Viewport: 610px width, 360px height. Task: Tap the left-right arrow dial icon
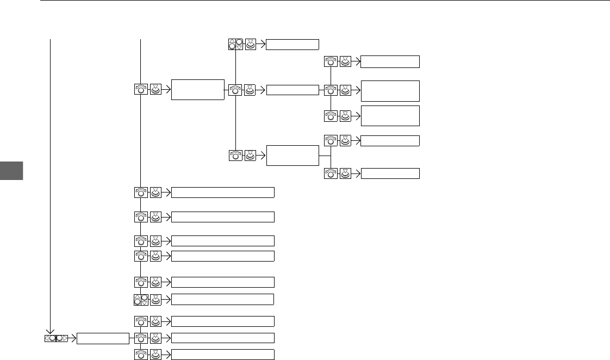(56, 338)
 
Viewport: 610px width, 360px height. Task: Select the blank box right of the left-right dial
(103, 338)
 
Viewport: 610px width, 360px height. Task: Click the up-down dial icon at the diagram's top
(235, 45)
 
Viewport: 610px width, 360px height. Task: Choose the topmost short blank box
(292, 45)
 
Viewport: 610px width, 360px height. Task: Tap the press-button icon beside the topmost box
(251, 45)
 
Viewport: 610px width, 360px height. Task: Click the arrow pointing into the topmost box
(262, 45)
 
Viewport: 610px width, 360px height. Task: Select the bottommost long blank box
(223, 355)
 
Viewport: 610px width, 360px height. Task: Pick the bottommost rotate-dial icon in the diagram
(141, 355)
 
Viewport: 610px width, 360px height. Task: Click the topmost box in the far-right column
(390, 61)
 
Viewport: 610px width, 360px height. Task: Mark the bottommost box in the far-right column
(390, 173)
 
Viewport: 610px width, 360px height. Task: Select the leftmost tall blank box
(197, 89)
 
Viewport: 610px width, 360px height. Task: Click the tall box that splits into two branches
(292, 155)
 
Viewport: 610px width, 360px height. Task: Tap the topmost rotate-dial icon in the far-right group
(331, 61)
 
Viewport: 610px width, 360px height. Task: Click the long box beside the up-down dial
(222, 299)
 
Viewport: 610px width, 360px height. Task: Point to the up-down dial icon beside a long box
(140, 299)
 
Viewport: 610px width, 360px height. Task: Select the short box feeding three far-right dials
(292, 89)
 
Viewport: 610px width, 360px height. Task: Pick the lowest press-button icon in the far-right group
(345, 173)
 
